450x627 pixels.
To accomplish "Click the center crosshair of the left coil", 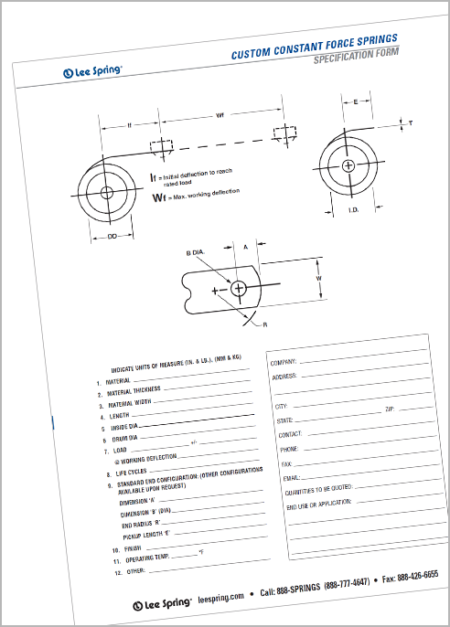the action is point(107,192).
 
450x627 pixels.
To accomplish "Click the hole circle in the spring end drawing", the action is point(240,288).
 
